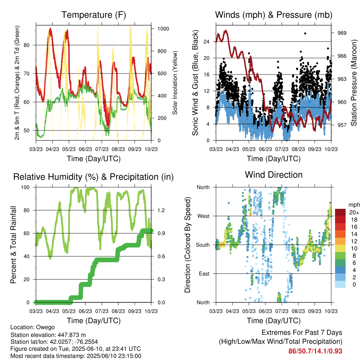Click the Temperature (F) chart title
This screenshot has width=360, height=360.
(94, 15)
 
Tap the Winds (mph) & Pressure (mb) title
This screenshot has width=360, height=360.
(274, 15)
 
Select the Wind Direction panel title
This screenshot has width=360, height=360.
(274, 175)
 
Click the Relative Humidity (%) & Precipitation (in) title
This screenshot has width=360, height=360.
(94, 177)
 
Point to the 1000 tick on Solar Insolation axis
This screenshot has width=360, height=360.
(163, 29)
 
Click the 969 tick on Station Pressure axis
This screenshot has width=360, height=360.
(342, 33)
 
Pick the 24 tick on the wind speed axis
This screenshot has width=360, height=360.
(206, 41)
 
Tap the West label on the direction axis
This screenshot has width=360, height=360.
(204, 216)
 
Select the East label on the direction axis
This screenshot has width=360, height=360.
(204, 274)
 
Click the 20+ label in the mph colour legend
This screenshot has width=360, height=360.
(354, 212)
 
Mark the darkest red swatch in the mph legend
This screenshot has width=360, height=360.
(340, 212)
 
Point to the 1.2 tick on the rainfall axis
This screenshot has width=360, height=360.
(161, 210)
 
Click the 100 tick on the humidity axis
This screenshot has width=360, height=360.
(25, 187)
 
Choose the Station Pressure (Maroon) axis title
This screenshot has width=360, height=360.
(354, 83)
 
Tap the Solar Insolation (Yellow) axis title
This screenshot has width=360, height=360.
(175, 83)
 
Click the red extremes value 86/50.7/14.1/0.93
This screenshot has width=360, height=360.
(315, 351)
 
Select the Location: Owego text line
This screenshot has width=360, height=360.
(33, 327)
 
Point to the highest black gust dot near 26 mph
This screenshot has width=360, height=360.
(305, 33)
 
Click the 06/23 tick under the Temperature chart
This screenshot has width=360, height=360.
(85, 149)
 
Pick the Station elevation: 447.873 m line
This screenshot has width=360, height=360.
(48, 335)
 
